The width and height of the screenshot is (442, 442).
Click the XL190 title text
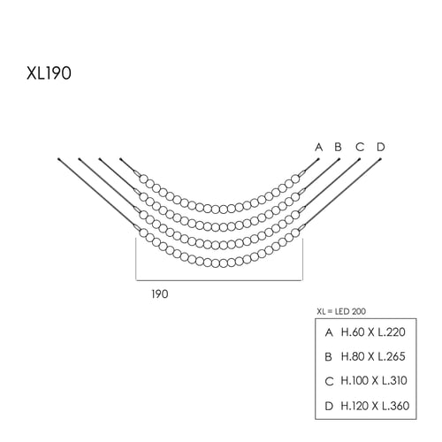coord(49,73)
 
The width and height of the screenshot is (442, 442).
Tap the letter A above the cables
coord(319,147)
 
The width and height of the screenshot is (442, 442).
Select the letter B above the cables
coord(338,147)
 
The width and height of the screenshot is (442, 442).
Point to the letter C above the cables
coord(360,147)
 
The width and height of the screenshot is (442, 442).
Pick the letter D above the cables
coord(381,147)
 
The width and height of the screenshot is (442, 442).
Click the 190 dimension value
coord(160,294)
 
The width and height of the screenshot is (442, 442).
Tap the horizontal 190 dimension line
coord(219,280)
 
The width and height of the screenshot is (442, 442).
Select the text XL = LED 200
coord(341,311)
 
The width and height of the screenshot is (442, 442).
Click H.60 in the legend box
coord(353,332)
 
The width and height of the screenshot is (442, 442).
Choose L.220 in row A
coord(392,332)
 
